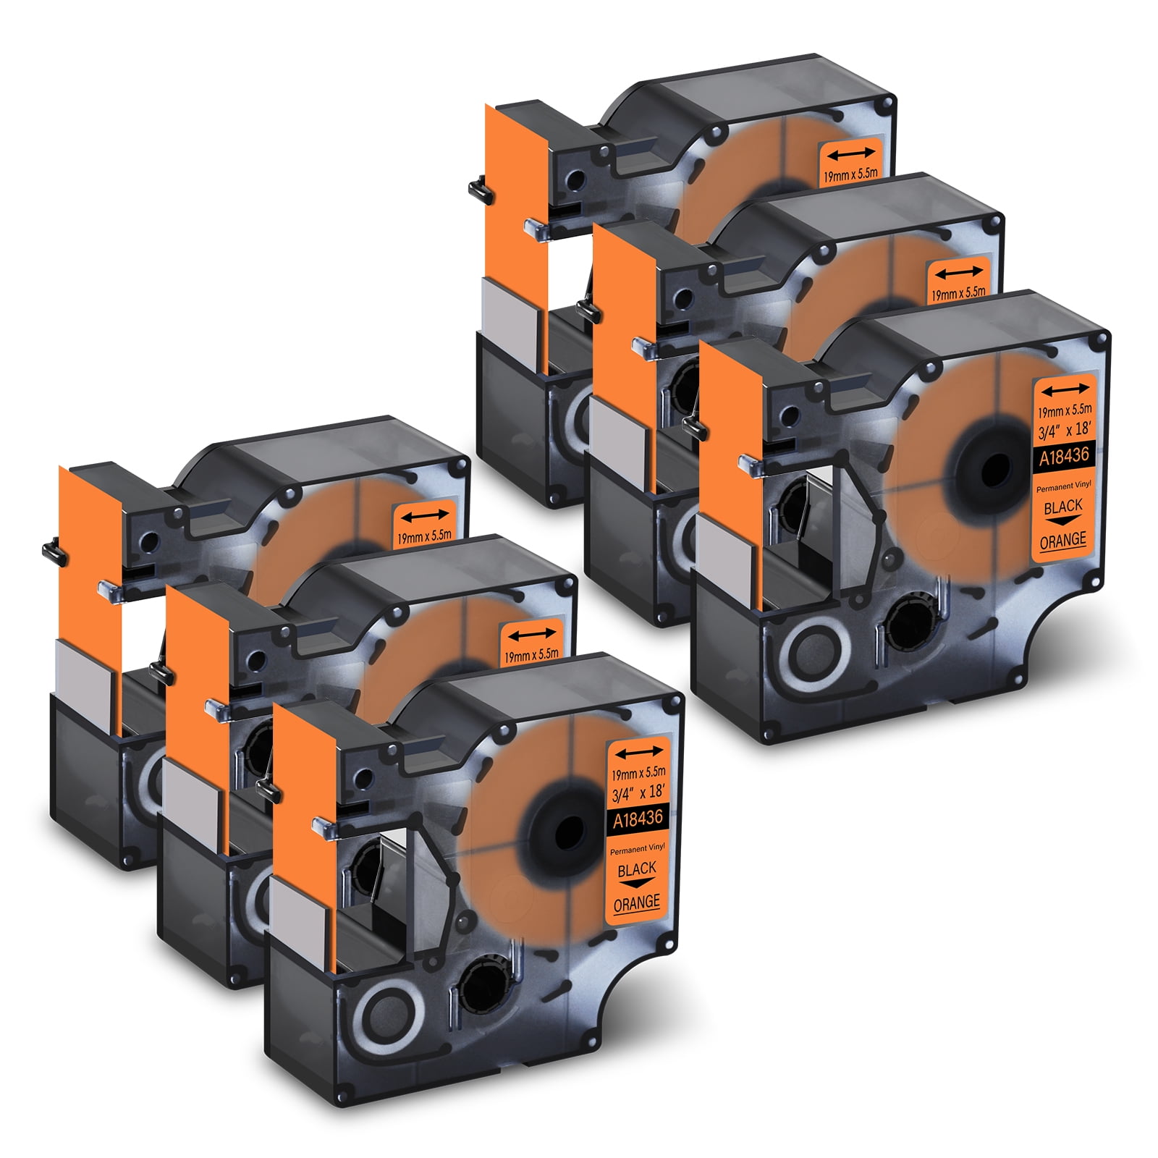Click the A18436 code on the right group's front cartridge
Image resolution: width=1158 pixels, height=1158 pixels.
click(1064, 456)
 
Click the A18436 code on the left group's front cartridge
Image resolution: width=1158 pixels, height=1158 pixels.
click(638, 819)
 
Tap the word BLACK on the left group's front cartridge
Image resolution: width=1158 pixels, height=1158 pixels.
click(637, 868)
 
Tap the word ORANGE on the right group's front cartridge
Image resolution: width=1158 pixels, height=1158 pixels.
click(1062, 540)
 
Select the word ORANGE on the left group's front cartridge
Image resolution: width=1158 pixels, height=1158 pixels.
click(636, 903)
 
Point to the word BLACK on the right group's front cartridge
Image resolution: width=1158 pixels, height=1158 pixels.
click(1063, 506)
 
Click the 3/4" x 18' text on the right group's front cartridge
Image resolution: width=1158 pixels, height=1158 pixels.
click(1064, 430)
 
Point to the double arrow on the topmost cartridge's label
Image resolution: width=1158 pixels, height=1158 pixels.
click(852, 153)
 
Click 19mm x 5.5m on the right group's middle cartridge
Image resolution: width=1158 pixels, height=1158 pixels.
click(958, 294)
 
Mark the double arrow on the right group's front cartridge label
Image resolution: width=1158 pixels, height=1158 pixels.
click(1064, 390)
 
